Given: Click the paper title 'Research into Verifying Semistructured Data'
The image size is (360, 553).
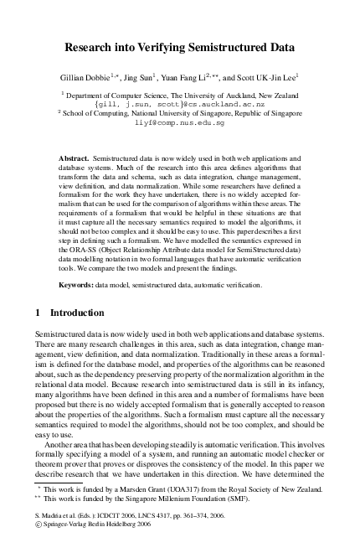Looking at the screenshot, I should [180, 49].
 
